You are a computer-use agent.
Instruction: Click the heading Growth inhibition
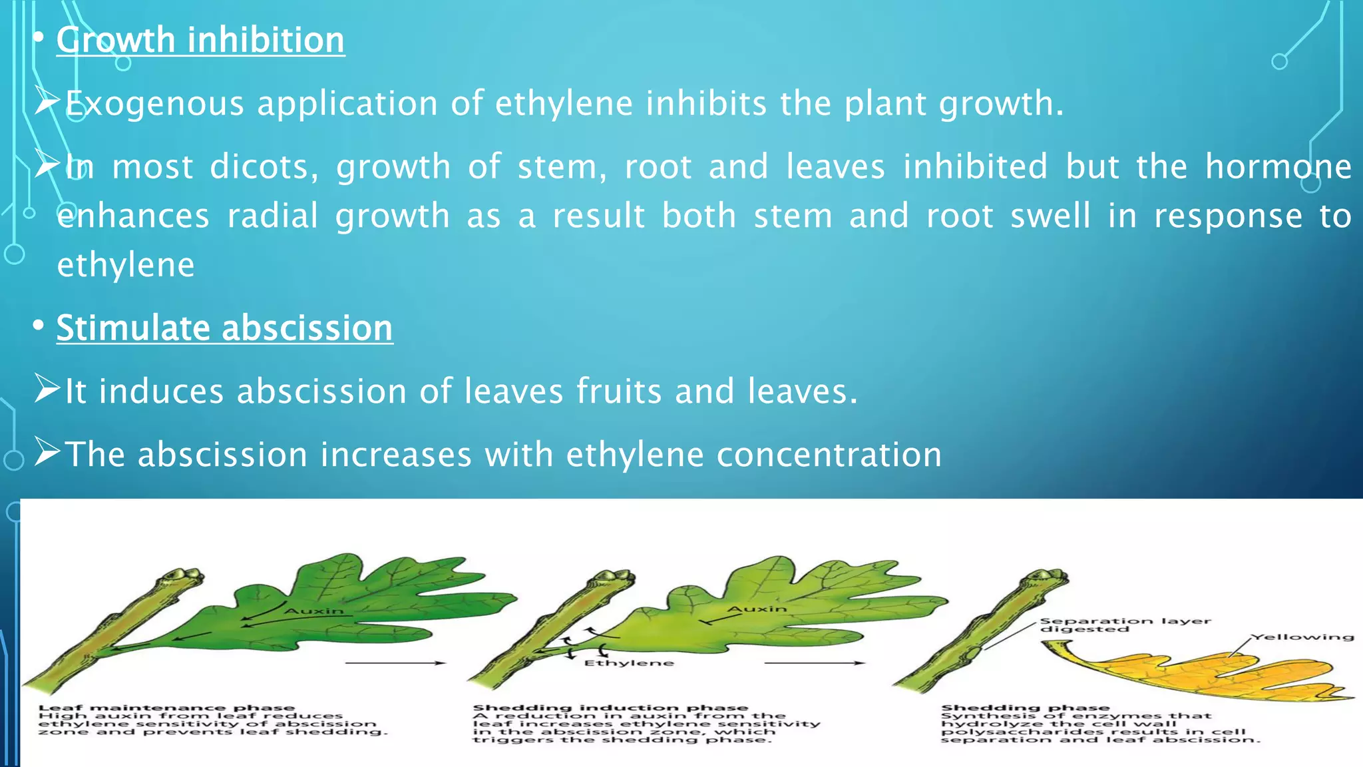(200, 40)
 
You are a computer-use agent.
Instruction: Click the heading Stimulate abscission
(224, 328)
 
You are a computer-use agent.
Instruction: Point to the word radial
(273, 216)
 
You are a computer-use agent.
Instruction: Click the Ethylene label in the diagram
(629, 663)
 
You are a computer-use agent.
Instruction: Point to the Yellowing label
(1302, 637)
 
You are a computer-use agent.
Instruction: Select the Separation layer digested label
(1125, 625)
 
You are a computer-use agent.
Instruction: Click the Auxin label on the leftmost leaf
(314, 611)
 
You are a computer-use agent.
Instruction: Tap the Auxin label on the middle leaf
(756, 609)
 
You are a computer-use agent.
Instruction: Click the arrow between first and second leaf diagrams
(395, 663)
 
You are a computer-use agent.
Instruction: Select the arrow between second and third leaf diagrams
(814, 663)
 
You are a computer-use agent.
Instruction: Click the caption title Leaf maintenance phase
(166, 708)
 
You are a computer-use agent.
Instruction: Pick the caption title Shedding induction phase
(610, 708)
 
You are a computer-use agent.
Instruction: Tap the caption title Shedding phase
(1025, 708)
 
